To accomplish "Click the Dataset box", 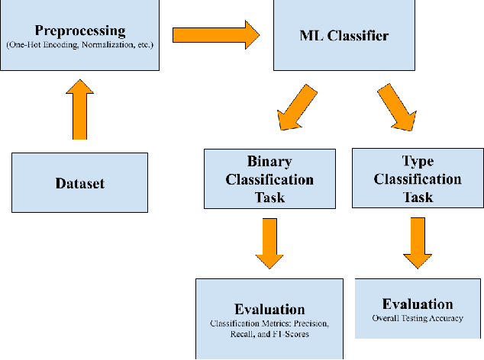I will [x=79, y=183].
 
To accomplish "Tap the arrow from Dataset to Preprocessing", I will [x=79, y=110].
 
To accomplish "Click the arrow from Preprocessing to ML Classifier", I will [x=216, y=35].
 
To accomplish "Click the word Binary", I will [x=269, y=162].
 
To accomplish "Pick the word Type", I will [x=418, y=162].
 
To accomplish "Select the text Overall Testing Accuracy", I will [x=418, y=318].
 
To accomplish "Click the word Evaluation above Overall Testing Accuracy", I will [x=418, y=304].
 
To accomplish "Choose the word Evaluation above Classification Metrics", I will [x=269, y=310].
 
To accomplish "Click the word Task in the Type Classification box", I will [x=418, y=197].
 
